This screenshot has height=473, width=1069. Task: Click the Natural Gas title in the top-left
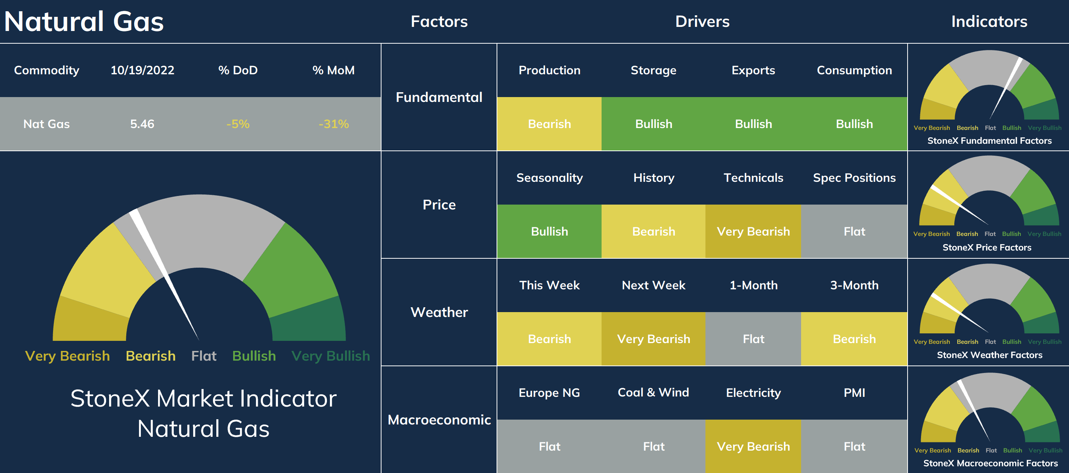point(84,22)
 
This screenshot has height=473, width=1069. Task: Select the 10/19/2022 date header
point(142,70)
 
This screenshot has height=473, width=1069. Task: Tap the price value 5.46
point(142,124)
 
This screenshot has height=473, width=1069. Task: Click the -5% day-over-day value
point(238,124)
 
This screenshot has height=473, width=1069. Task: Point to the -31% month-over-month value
point(334,124)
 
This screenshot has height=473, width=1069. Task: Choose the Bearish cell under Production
point(549,124)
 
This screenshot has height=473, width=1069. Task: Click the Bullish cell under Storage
point(654,124)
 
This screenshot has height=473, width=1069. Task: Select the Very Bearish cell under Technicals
point(753,231)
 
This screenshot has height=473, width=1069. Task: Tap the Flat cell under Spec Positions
point(854,231)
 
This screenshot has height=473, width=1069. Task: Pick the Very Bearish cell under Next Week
point(654,339)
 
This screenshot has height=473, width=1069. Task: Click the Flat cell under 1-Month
point(753,339)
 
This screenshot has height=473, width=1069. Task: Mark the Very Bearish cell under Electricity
point(753,446)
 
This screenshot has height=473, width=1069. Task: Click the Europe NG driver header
point(549,393)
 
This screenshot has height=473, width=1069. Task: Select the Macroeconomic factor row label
point(439,420)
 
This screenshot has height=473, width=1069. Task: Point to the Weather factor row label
point(439,312)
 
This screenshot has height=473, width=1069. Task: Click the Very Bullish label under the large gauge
point(330,356)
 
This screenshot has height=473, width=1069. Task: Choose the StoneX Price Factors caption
point(987,248)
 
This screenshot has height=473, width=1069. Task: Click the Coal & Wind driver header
point(653,393)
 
